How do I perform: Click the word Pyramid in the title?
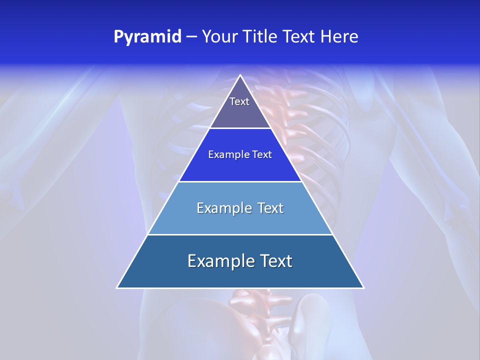click(x=147, y=37)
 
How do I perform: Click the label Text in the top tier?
click(x=239, y=101)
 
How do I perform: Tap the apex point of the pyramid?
click(x=240, y=75)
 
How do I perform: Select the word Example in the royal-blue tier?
click(x=227, y=155)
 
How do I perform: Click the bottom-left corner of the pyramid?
click(x=117, y=287)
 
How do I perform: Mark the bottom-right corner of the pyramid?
click(x=363, y=287)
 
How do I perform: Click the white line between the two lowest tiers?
click(x=240, y=235)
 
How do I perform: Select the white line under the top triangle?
click(x=240, y=128)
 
